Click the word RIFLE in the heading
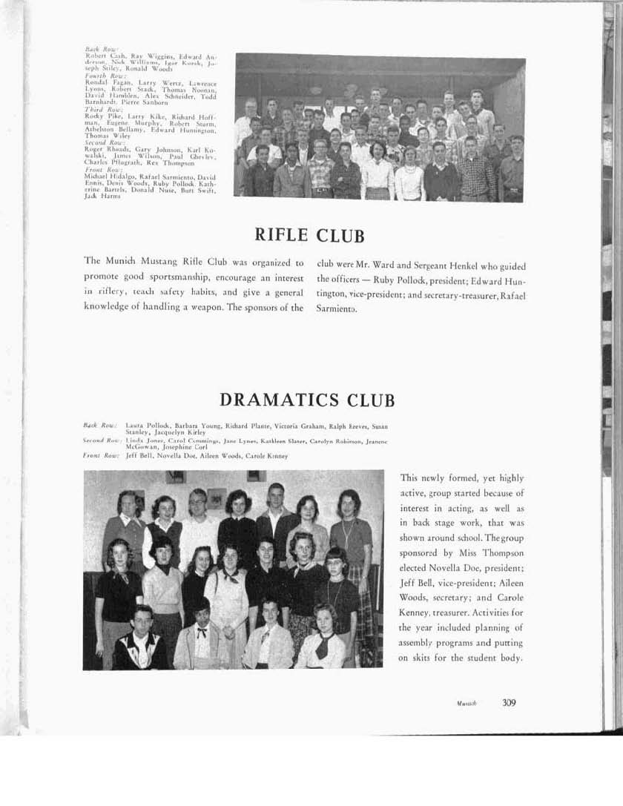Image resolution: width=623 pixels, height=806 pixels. coord(281,235)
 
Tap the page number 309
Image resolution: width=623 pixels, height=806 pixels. coord(509,703)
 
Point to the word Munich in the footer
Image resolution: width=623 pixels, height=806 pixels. coord(467,704)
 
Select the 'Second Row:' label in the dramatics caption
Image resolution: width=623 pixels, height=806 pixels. coord(101,440)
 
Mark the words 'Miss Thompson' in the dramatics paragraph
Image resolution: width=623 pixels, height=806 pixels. coord(492,553)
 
